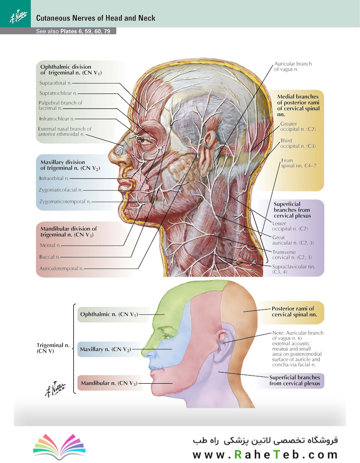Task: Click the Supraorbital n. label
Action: click(x=55, y=83)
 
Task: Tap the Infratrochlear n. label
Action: click(x=57, y=119)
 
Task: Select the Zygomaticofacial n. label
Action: click(x=60, y=190)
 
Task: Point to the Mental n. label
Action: click(x=50, y=245)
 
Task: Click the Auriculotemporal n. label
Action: click(x=61, y=268)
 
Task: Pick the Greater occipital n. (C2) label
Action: click(x=298, y=126)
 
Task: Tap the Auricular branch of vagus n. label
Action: click(x=293, y=66)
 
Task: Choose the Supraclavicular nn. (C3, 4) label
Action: click(x=293, y=269)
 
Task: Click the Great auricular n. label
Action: click(x=293, y=240)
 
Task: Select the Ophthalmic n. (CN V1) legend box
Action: click(x=108, y=314)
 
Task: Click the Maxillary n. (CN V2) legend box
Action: click(x=105, y=349)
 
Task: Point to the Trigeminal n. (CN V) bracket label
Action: click(x=53, y=348)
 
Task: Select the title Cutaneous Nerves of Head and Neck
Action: click(x=96, y=18)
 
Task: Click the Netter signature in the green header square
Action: click(x=18, y=17)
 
